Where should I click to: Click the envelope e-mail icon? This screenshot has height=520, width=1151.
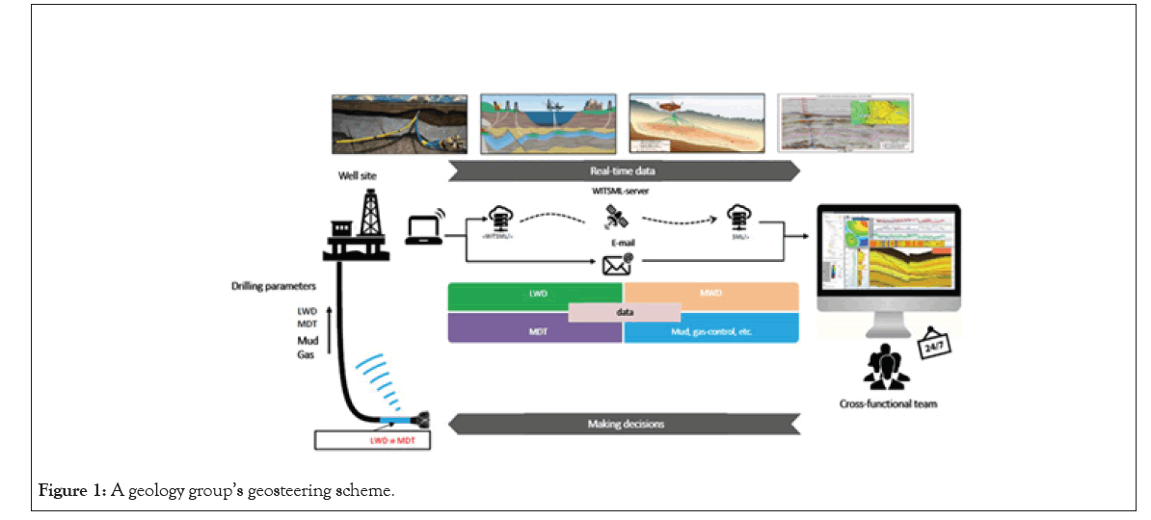click(x=616, y=263)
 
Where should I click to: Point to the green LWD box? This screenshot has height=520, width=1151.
click(x=536, y=294)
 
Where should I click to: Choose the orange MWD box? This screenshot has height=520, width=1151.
click(x=711, y=294)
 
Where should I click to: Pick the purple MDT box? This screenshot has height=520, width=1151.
click(x=534, y=329)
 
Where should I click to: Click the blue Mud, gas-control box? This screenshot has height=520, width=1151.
click(x=711, y=329)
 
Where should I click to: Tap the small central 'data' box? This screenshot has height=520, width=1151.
click(x=625, y=312)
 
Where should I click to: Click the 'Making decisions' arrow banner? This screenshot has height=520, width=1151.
click(x=625, y=424)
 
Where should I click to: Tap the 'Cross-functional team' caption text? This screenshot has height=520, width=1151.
click(x=888, y=404)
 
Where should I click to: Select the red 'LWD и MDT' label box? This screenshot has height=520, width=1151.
click(x=372, y=441)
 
